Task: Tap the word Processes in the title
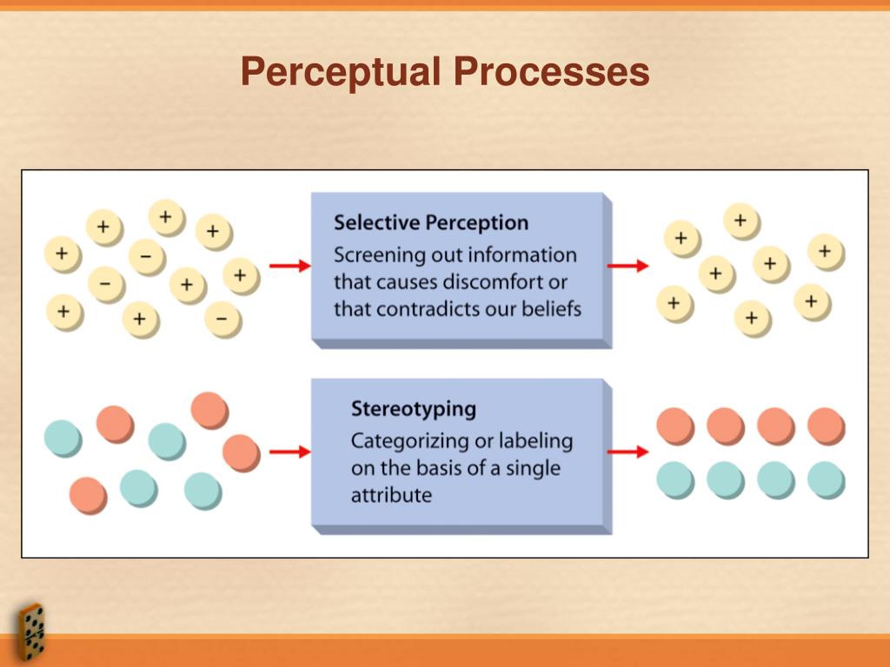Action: [550, 72]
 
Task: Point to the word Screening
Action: [373, 256]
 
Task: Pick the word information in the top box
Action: [522, 255]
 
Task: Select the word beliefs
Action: [550, 309]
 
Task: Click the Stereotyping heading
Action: [414, 408]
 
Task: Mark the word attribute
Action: [391, 495]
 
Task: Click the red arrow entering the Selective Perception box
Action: [289, 266]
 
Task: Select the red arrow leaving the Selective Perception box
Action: [628, 266]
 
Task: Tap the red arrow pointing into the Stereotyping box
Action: [289, 452]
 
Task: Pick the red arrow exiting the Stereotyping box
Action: [628, 452]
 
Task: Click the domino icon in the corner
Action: [32, 631]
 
